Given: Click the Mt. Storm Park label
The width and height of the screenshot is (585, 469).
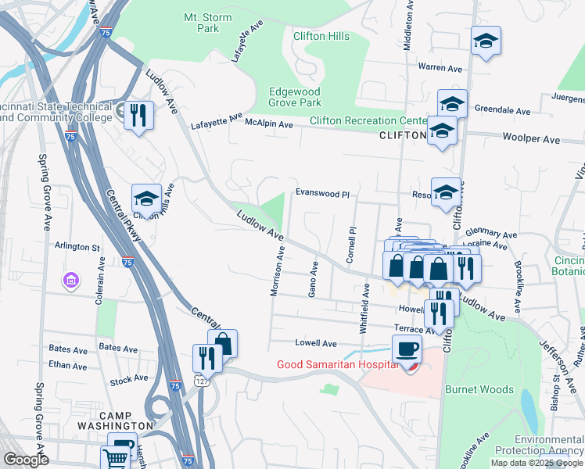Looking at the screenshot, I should pos(201,22).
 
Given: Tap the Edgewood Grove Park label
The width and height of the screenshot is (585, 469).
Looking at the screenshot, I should pos(295,97).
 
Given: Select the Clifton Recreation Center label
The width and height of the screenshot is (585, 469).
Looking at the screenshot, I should pos(367,120).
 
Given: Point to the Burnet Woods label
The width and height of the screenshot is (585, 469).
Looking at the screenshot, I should pos(479,389).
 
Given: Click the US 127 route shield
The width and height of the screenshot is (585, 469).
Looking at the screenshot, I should pos(201,380).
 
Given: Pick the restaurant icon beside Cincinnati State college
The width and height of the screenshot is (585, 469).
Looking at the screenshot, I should pos(139,115).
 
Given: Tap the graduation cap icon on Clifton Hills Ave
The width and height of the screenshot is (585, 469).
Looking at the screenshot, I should pos(146,198).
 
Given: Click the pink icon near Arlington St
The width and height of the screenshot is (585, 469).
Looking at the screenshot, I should pos(71,279).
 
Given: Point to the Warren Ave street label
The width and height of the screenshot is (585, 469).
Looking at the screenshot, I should pos(440,67).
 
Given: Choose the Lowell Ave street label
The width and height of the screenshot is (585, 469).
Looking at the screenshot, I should pos(315,343).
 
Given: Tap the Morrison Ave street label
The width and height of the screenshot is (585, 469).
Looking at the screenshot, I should pos(276,270).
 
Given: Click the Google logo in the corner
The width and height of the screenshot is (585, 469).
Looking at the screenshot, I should pos(26,460).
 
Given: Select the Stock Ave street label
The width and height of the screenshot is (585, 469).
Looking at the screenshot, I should pos(129,378).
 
